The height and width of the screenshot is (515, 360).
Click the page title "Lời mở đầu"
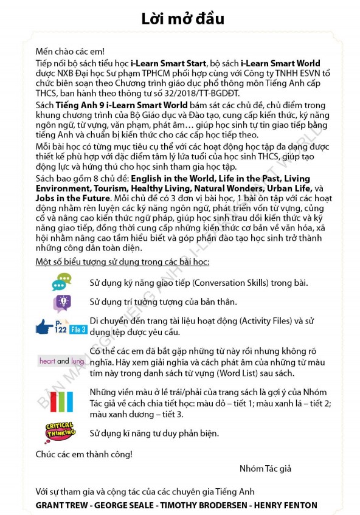(x=182, y=19)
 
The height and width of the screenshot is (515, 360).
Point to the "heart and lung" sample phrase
(x=61, y=361)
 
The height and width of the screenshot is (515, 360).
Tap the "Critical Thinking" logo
(x=61, y=432)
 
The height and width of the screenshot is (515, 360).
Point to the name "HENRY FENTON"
(x=289, y=505)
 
